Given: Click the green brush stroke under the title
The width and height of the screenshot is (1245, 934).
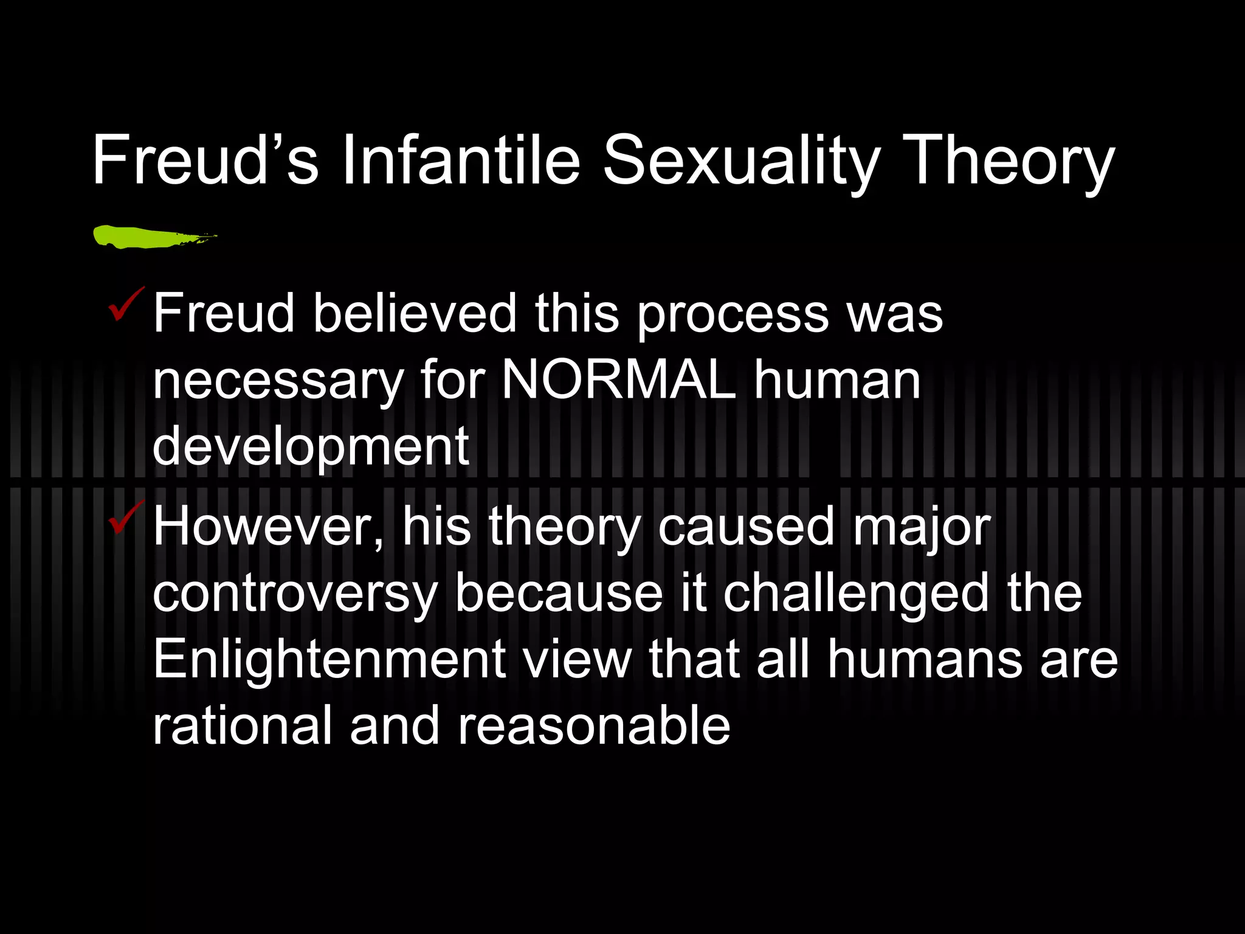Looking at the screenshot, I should pyautogui.click(x=152, y=237).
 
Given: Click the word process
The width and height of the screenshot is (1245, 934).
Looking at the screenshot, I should pyautogui.click(x=733, y=315).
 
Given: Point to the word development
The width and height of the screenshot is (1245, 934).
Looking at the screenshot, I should pyautogui.click(x=311, y=448).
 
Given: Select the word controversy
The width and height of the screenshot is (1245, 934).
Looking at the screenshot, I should pyautogui.click(x=295, y=595).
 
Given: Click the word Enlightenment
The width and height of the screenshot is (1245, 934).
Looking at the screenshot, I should pyautogui.click(x=329, y=660).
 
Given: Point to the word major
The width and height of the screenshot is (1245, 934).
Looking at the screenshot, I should pyautogui.click(x=922, y=528).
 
